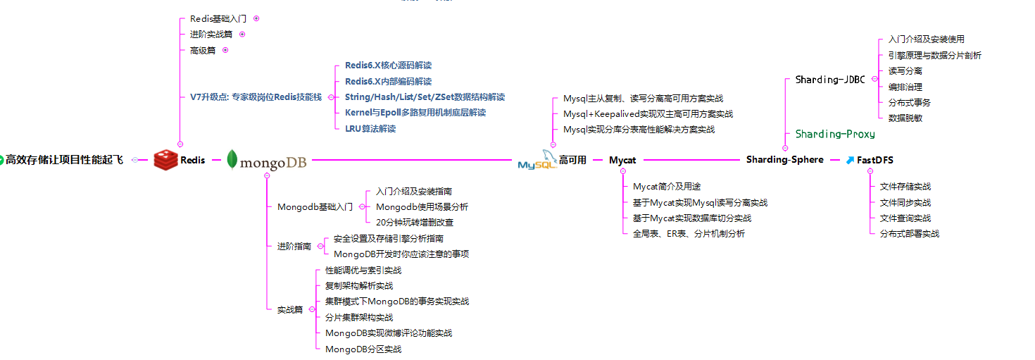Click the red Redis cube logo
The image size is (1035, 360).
(166, 160)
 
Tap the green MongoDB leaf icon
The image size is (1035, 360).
(232, 159)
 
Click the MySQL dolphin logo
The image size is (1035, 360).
(537, 160)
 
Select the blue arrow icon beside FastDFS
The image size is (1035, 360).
(851, 160)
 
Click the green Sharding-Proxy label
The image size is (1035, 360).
(835, 134)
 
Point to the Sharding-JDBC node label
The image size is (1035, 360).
(830, 80)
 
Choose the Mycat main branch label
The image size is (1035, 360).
(622, 160)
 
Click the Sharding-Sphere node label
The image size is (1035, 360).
(784, 159)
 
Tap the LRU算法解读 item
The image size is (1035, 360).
(370, 128)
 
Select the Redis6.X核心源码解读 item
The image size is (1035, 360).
(388, 65)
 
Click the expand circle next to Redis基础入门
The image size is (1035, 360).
(256, 18)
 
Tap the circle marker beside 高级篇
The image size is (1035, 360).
(225, 50)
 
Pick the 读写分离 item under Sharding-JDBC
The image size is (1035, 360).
(905, 70)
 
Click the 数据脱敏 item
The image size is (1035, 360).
(905, 118)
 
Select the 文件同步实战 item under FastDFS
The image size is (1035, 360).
(905, 202)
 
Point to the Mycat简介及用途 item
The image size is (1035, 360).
(667, 186)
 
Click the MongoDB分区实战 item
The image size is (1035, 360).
(363, 349)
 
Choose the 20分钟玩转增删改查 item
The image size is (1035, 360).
(415, 223)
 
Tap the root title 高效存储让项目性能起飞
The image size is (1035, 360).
(64, 160)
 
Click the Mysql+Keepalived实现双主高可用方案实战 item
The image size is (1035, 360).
(648, 113)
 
